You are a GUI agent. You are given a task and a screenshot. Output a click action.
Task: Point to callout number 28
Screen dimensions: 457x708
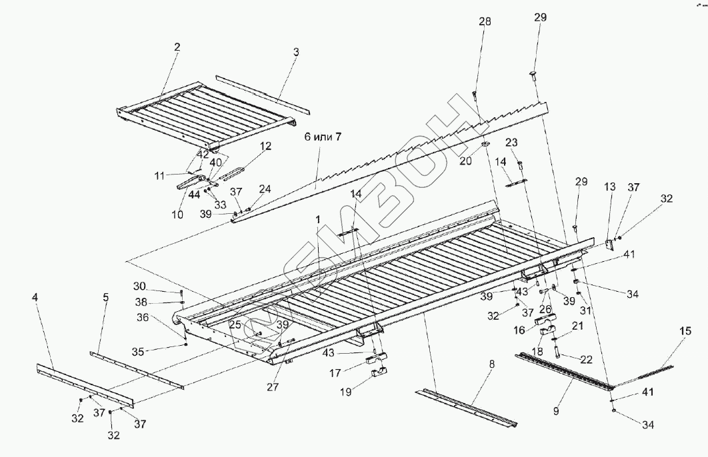pyautogui.click(x=485, y=21)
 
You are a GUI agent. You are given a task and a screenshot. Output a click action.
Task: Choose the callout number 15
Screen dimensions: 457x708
pyautogui.click(x=685, y=331)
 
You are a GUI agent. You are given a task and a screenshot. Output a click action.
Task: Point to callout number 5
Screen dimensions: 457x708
pyautogui.click(x=105, y=298)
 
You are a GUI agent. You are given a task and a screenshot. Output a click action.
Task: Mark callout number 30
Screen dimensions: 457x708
pyautogui.click(x=139, y=286)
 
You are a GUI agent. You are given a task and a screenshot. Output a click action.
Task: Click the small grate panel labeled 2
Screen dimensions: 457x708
pyautogui.click(x=207, y=113)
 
